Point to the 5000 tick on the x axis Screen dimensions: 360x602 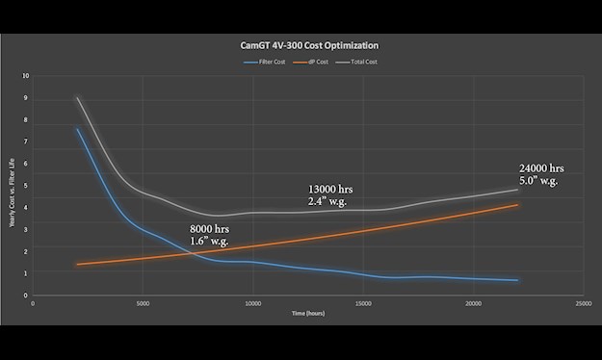[x=143, y=304]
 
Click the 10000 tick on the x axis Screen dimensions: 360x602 [x=251, y=304]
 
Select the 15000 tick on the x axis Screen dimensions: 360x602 [x=362, y=304]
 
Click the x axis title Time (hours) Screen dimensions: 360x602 [x=306, y=314]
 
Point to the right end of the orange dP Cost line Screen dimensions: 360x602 [x=518, y=204]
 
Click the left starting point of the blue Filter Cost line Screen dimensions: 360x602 [x=77, y=129]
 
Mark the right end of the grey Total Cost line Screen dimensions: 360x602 [x=518, y=190]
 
